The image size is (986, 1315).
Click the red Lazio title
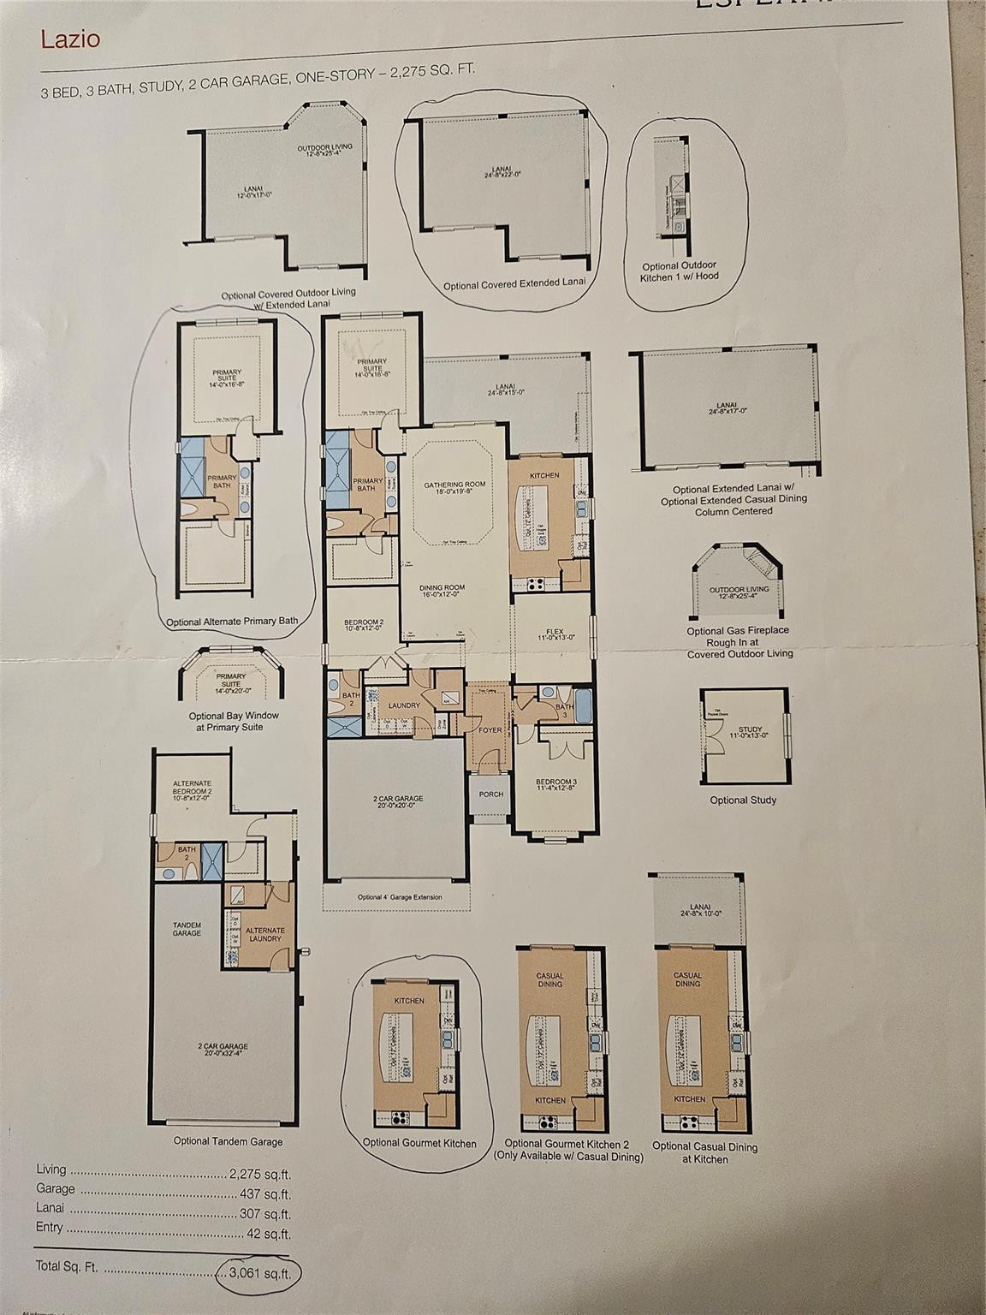click(x=70, y=39)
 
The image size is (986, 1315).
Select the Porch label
click(x=490, y=794)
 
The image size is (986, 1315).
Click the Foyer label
click(x=490, y=730)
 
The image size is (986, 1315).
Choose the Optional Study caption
click(x=743, y=800)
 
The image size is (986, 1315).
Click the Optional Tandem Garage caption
click(x=228, y=1140)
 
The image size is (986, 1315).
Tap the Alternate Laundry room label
click(x=265, y=934)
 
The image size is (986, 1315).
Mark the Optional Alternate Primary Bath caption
click(x=232, y=621)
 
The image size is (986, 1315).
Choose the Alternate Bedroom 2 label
click(x=192, y=788)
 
